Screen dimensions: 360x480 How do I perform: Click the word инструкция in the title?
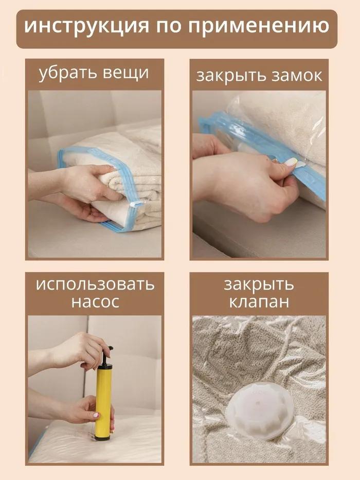click(x=86, y=27)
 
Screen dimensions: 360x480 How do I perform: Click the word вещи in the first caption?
click(x=125, y=74)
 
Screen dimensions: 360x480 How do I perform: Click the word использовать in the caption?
click(x=95, y=285)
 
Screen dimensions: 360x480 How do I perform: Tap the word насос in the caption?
click(x=95, y=302)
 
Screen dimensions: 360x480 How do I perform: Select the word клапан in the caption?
click(x=259, y=302)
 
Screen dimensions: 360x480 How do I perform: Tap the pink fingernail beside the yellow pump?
click(x=96, y=415)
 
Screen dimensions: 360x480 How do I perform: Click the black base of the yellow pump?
click(x=102, y=437)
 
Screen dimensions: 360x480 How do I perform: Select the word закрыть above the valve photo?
click(x=259, y=285)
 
